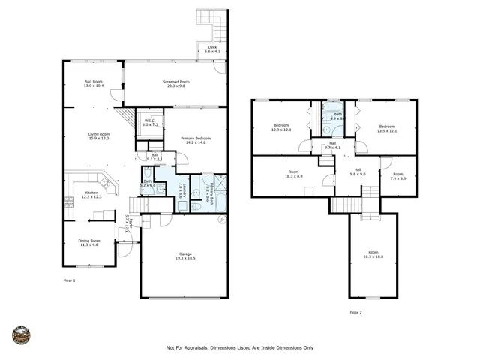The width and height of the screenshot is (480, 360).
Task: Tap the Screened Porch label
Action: [175, 82]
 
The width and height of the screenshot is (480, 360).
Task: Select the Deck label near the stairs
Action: [211, 49]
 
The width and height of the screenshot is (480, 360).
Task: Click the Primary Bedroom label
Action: [195, 139]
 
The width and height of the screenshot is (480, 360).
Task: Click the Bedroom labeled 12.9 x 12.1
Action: [281, 126]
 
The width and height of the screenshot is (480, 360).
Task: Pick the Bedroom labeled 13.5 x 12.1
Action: [387, 126]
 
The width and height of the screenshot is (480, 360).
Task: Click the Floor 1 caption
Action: [69, 280]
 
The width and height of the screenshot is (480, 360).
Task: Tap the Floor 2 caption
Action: [355, 312]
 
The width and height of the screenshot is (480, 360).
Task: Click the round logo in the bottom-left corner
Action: [22, 335]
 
